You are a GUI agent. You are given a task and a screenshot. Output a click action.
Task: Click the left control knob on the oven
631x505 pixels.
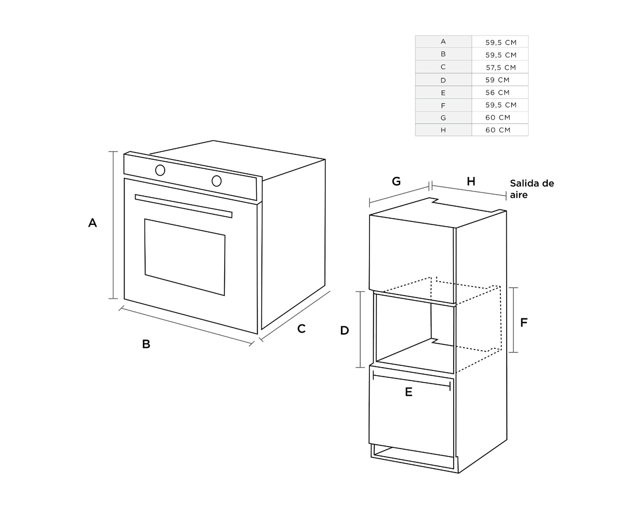160,170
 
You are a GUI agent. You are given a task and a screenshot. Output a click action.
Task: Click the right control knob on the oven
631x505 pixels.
216,181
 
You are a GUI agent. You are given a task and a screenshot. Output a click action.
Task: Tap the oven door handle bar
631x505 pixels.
183,206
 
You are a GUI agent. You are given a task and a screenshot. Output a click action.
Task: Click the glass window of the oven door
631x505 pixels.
185,257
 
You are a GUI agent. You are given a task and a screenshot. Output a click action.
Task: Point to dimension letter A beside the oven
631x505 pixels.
92,223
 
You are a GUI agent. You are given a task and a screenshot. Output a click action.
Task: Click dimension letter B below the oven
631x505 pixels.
146,344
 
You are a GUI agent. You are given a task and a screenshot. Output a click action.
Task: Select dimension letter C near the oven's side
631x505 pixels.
301,329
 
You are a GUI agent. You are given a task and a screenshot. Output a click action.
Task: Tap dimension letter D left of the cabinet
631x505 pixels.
345,330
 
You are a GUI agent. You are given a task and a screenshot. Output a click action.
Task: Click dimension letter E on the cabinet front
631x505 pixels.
409,392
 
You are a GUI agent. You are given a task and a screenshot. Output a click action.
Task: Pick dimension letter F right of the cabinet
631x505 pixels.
524,323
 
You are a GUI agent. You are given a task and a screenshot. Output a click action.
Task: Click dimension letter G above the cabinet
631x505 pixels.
396,181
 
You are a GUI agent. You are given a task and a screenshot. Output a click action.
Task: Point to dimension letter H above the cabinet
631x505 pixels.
471,181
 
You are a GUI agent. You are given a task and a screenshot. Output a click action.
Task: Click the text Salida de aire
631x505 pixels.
532,189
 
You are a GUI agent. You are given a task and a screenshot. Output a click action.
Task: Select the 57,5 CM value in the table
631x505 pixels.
501,68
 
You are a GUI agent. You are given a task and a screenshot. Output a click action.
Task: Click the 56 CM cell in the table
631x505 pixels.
498,92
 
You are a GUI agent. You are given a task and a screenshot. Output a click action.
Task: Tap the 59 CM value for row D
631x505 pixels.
498,80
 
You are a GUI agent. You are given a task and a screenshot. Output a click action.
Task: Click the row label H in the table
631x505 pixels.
443,130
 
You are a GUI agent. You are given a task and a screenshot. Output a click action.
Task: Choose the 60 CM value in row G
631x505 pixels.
498,117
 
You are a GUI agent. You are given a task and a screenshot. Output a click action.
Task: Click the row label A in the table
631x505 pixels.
443,42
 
